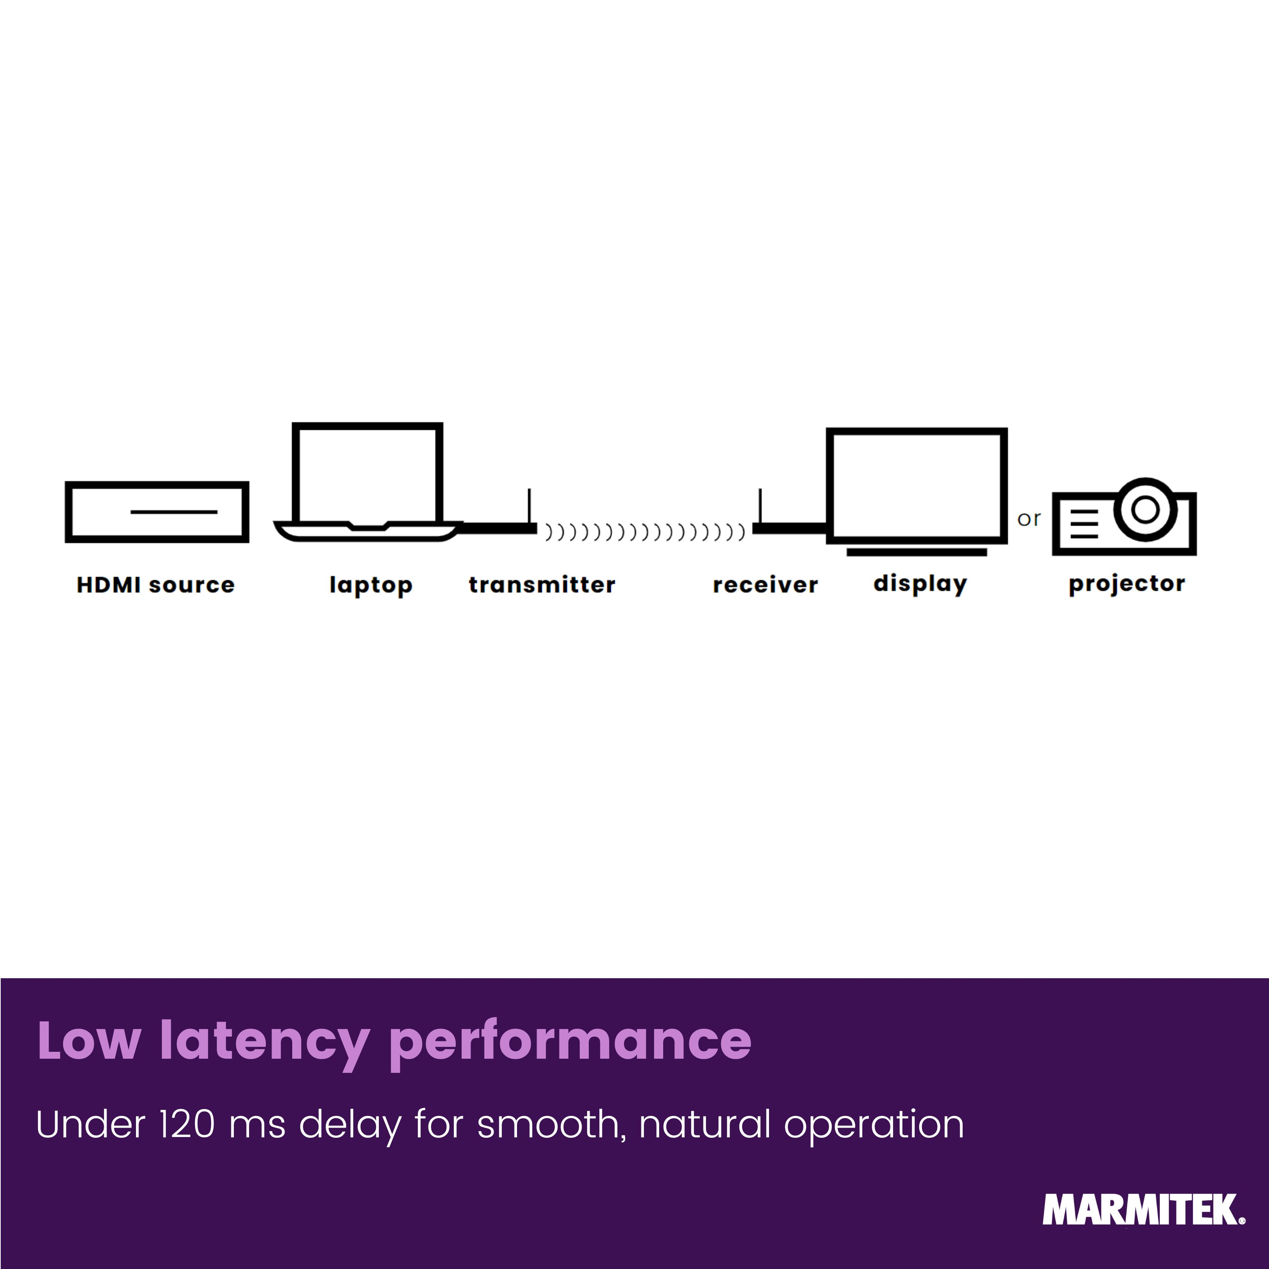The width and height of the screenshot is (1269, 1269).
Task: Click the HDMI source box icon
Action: pos(157,483)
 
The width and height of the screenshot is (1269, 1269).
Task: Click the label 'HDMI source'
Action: pos(156,584)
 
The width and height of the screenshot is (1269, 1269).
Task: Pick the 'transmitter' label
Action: pos(542,584)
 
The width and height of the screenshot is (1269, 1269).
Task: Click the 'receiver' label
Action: pos(765,584)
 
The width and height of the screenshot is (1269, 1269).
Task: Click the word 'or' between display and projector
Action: pos(1029,519)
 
